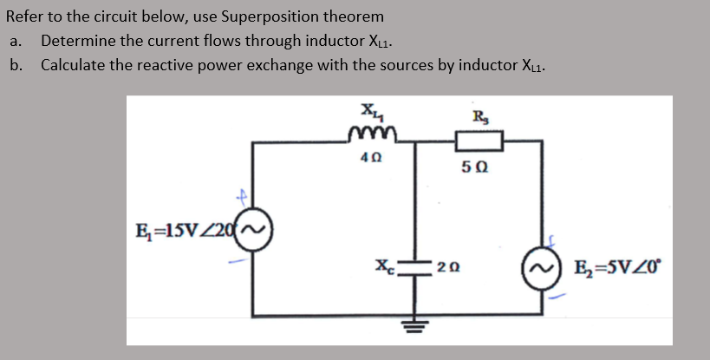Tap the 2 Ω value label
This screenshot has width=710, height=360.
click(447, 266)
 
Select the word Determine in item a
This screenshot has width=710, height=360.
click(76, 41)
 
